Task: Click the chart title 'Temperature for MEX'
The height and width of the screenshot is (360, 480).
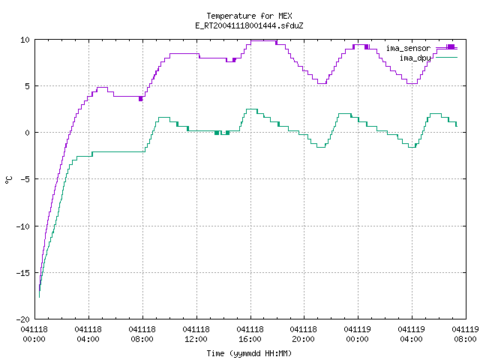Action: coord(249,16)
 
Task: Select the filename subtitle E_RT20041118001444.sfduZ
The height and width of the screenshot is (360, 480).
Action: coord(249,25)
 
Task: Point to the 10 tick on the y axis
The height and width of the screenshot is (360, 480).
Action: coord(25,40)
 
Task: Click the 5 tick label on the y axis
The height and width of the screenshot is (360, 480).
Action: coord(28,86)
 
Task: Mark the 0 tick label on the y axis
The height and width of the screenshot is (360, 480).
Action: coord(28,133)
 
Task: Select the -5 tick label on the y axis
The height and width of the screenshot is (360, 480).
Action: coord(23,179)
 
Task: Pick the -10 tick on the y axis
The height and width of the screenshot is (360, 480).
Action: coord(23,226)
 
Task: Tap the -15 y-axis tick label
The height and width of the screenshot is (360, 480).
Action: coord(23,273)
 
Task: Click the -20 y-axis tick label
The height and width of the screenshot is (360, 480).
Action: coord(23,319)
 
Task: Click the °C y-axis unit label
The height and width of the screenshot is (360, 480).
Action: coord(8,180)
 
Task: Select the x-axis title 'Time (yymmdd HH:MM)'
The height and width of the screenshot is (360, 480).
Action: coord(249,353)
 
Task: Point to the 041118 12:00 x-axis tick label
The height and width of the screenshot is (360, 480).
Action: coord(196,334)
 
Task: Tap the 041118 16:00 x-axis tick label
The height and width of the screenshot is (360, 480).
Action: coord(250,334)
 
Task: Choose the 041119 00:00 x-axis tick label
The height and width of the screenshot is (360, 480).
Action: coord(358,334)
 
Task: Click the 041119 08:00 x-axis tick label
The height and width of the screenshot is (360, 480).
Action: coord(465,334)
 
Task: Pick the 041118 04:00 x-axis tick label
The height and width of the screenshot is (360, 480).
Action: coord(88,334)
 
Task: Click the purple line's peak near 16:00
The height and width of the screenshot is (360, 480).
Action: coord(263,40)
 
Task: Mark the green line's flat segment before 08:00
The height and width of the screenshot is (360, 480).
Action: coord(118,151)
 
